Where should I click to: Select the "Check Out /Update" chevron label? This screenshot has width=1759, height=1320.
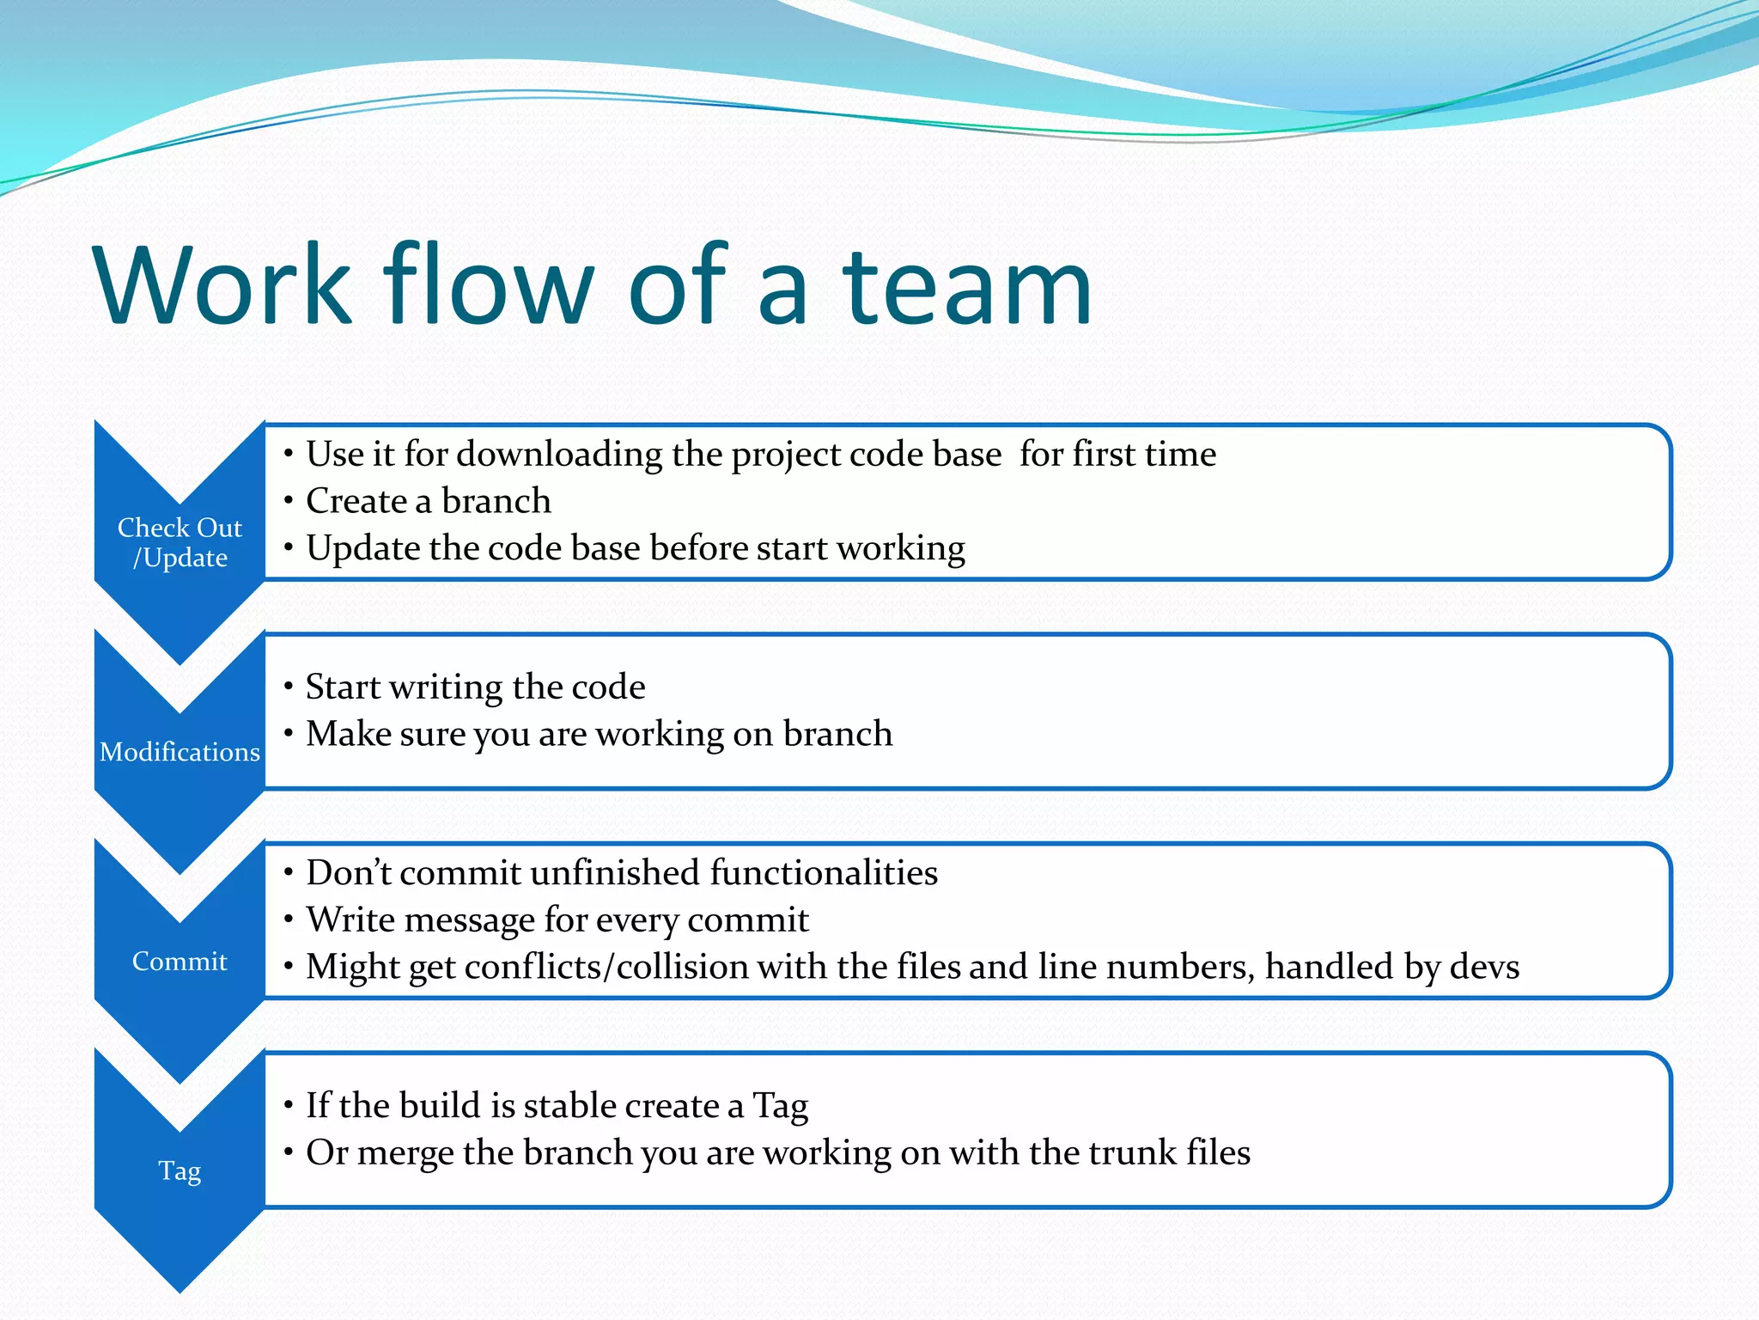click(180, 542)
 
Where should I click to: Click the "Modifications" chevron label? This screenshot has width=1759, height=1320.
click(180, 752)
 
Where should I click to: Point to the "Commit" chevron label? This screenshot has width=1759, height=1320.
click(180, 961)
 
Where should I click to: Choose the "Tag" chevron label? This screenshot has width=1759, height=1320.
click(180, 1170)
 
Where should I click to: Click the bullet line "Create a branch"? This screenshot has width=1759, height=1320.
click(428, 501)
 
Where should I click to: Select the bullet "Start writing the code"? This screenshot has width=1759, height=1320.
click(475, 687)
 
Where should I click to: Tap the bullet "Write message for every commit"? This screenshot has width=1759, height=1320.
click(557, 920)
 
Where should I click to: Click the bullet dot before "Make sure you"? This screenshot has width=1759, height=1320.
click(289, 733)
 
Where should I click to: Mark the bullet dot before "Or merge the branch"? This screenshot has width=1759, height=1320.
click(289, 1152)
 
